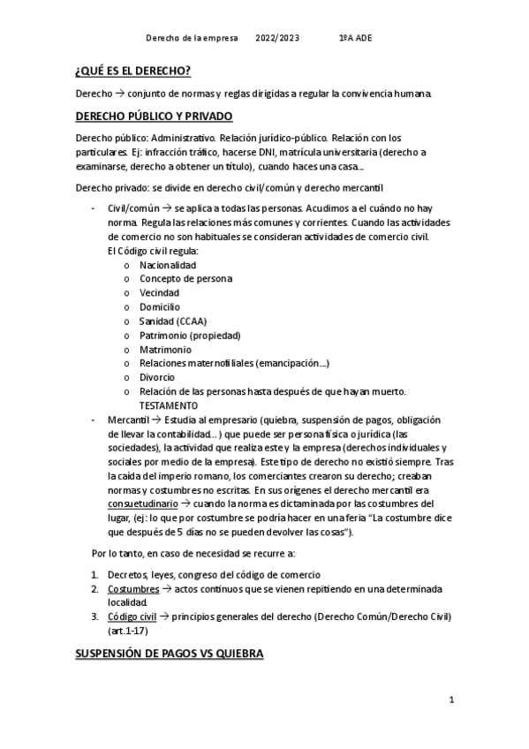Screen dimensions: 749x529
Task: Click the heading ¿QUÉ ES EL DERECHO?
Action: point(133,71)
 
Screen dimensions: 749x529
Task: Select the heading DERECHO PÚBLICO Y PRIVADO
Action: point(154,116)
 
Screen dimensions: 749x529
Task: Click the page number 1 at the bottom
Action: point(450,700)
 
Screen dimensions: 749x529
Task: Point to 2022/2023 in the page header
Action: point(277,38)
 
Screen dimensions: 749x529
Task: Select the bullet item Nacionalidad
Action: point(168,265)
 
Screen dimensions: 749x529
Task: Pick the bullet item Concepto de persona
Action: point(185,279)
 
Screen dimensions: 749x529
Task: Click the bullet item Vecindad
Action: point(159,293)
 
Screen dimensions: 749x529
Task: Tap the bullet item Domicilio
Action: point(159,307)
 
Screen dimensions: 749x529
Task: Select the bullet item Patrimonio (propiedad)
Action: point(190,336)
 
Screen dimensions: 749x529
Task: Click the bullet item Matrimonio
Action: point(165,350)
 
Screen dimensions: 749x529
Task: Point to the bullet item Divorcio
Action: point(157,377)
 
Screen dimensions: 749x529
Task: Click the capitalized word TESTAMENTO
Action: point(169,405)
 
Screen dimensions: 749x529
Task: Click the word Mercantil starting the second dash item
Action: point(128,420)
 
